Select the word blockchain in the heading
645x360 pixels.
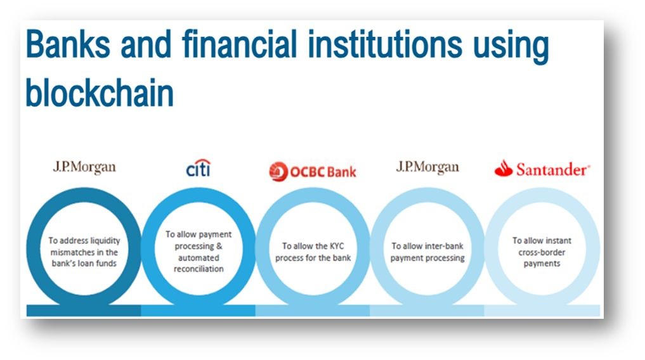point(99,92)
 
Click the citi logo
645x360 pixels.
point(199,168)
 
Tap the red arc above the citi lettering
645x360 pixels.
point(201,161)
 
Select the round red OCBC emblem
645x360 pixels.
point(278,171)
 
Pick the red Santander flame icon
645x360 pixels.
point(503,168)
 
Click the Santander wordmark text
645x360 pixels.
point(552,169)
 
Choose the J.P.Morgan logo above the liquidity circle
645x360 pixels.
point(84,168)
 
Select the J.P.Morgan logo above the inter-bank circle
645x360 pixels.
point(427,168)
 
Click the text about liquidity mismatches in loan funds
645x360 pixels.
point(84,252)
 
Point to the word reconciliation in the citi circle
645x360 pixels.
point(199,269)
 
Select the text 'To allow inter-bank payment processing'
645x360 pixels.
point(427,252)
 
